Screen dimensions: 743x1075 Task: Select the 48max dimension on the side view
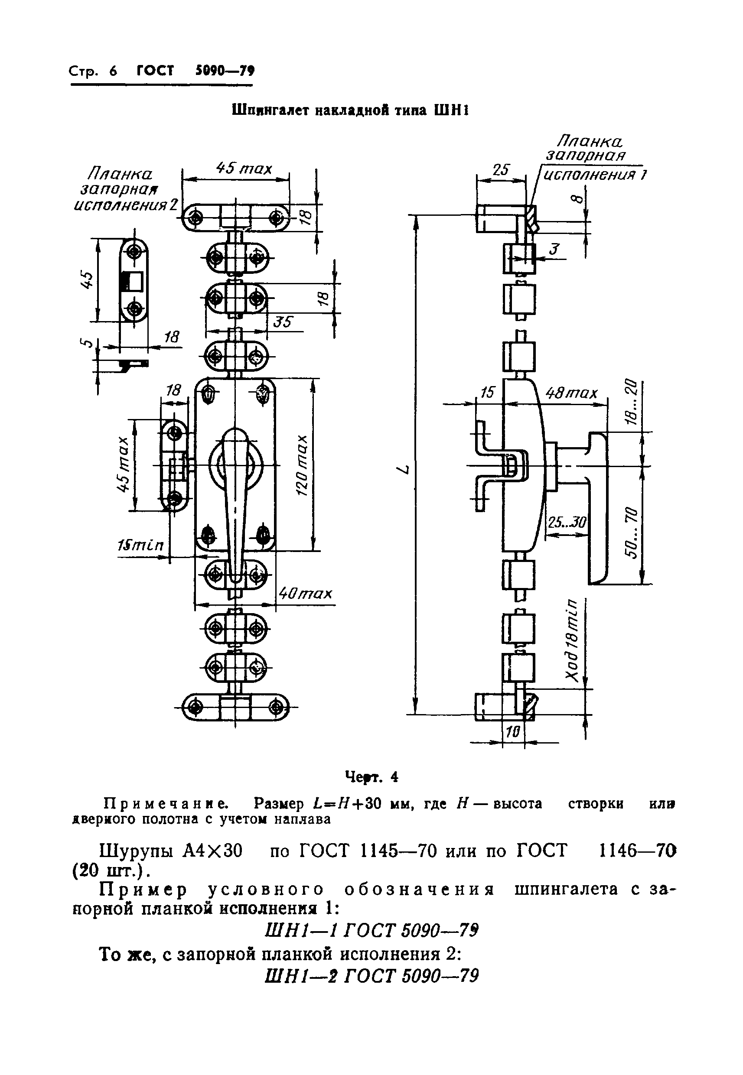tap(571, 393)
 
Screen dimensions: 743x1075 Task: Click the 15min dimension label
tap(140, 545)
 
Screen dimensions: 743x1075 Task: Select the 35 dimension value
tap(283, 322)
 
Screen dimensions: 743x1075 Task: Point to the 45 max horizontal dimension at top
tap(244, 169)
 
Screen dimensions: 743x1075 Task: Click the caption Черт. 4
tap(371, 777)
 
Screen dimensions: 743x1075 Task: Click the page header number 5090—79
tap(225, 71)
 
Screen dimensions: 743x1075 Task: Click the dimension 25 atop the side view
tap(501, 170)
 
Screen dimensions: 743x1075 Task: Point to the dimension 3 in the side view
tap(554, 250)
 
